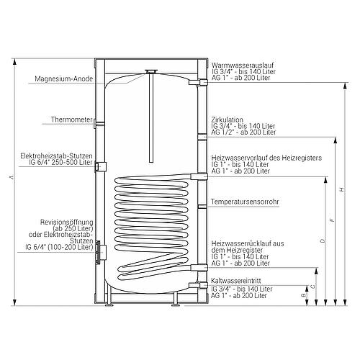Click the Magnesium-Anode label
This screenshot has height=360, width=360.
pyautogui.click(x=63, y=78)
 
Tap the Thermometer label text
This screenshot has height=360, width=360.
pyautogui.click(x=71, y=120)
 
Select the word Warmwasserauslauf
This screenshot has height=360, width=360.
pyautogui.click(x=243, y=66)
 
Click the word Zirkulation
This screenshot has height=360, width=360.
pyautogui.click(x=227, y=120)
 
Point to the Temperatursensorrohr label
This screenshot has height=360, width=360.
pyautogui.click(x=245, y=202)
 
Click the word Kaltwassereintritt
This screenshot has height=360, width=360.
pyautogui.click(x=235, y=281)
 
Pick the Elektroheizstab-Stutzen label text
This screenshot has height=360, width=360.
pyautogui.click(x=56, y=156)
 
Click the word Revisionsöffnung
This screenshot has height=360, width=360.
pyautogui.click(x=66, y=222)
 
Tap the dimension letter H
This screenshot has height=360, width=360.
pyautogui.click(x=342, y=189)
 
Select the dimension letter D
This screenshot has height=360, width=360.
pyautogui.click(x=323, y=240)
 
